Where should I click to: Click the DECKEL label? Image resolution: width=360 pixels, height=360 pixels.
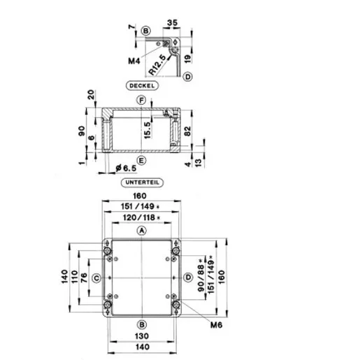tap(142, 85)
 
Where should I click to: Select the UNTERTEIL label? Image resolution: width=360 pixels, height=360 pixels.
tap(142, 182)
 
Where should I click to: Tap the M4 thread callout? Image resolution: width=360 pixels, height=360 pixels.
tap(134, 61)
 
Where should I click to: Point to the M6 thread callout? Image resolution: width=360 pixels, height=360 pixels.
tap(216, 325)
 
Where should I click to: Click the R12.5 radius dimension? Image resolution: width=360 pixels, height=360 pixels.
tap(157, 65)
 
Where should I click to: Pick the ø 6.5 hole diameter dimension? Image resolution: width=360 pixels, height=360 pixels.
tap(126, 168)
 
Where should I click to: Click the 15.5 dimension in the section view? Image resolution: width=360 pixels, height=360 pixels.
tap(147, 130)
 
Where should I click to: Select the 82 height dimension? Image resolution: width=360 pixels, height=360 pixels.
tap(187, 131)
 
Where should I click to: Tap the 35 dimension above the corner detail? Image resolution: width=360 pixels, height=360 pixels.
tap(173, 23)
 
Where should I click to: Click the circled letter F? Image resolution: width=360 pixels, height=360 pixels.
tap(141, 101)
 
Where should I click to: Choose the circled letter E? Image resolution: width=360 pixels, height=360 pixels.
tap(141, 161)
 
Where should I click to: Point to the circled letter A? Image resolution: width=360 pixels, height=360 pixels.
tap(141, 231)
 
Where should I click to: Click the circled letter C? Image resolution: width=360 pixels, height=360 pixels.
tap(96, 278)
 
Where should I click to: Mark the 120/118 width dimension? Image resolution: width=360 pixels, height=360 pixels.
tap(142, 217)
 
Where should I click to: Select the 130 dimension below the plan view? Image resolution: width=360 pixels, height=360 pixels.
tap(142, 336)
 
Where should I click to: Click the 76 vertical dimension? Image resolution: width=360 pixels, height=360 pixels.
tap(84, 278)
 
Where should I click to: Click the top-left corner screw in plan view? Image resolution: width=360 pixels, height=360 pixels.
tap(107, 251)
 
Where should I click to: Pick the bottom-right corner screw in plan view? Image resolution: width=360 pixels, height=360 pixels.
tap(175, 305)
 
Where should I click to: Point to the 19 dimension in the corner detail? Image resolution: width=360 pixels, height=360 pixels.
tap(188, 58)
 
